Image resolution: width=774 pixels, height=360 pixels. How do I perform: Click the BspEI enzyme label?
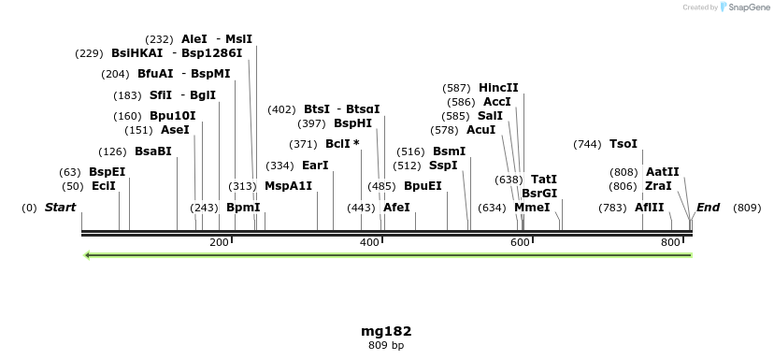(107, 172)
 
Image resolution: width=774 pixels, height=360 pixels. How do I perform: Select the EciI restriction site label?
(104, 186)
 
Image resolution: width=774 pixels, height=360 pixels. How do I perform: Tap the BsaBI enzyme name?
(153, 151)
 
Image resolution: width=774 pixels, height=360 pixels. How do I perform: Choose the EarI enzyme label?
(315, 166)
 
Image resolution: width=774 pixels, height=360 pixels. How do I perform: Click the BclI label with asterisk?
(342, 144)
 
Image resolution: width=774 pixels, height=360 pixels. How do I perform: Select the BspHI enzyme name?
(352, 123)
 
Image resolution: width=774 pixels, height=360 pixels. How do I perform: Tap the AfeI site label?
(396, 208)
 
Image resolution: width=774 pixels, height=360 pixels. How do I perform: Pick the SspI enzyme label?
(443, 166)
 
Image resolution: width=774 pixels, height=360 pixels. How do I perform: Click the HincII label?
(498, 88)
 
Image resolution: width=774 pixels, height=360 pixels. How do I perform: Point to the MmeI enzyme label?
(532, 208)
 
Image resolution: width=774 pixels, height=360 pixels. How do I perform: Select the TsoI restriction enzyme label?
(623, 144)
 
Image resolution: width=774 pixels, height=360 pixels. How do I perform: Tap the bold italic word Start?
(60, 208)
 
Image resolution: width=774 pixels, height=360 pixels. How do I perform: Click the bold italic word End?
(708, 208)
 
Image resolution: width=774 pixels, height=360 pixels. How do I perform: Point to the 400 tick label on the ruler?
(369, 242)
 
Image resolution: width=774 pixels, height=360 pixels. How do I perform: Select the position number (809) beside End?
(747, 208)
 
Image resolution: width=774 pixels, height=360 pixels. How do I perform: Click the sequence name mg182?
(386, 331)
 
